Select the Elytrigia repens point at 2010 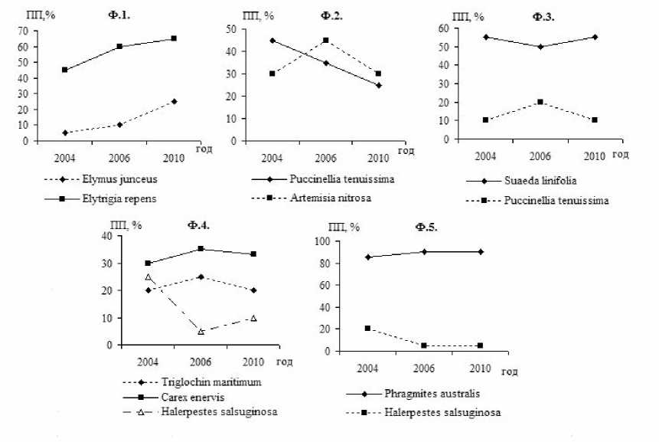click(x=174, y=38)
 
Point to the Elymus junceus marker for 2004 click(x=65, y=133)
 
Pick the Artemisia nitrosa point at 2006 click(x=325, y=40)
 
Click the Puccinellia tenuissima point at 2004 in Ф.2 click(x=272, y=41)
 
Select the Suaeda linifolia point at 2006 click(x=540, y=47)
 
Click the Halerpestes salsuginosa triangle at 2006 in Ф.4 click(x=201, y=332)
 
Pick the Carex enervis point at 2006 click(x=201, y=248)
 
